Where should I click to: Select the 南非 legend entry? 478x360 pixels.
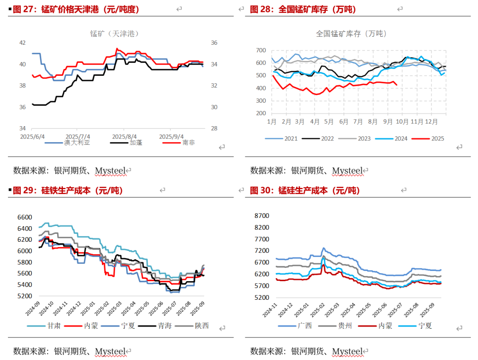point(188,143)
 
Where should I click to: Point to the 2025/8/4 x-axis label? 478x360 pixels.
point(124,136)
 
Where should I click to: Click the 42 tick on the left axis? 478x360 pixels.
point(22,43)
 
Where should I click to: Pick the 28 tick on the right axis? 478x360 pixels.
point(213,128)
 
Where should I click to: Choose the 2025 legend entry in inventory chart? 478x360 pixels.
point(437,139)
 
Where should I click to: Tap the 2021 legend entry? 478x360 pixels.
point(291,139)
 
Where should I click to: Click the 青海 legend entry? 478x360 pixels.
point(165,326)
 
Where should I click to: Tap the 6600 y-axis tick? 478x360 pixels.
point(25,217)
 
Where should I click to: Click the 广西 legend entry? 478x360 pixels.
point(305,326)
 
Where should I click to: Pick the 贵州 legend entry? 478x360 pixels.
point(345,326)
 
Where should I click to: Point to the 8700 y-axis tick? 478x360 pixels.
point(261,216)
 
